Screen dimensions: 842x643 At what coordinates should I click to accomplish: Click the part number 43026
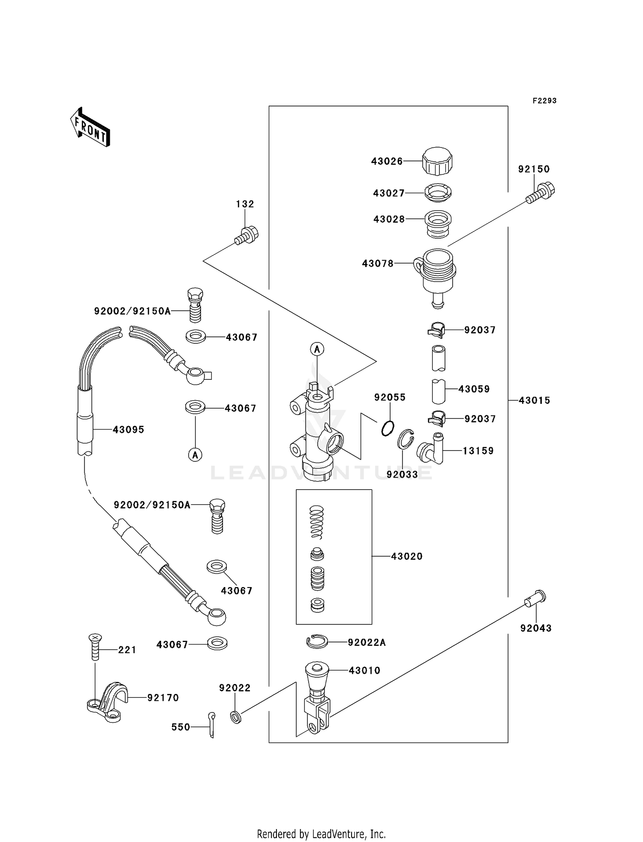pyautogui.click(x=387, y=161)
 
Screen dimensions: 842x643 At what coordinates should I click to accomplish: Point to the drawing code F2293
pyautogui.click(x=544, y=101)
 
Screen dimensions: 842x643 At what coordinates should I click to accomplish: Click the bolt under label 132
pyautogui.click(x=246, y=235)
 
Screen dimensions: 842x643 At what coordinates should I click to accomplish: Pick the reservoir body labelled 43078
pyautogui.click(x=436, y=275)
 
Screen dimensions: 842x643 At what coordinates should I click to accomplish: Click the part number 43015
pyautogui.click(x=534, y=400)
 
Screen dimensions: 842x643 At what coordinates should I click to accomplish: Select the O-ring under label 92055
pyautogui.click(x=388, y=428)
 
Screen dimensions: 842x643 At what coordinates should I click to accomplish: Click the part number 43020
pyautogui.click(x=406, y=556)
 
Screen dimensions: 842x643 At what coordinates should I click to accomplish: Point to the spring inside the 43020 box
pyautogui.click(x=317, y=521)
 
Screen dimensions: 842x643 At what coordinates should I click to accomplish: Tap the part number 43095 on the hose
pyautogui.click(x=128, y=430)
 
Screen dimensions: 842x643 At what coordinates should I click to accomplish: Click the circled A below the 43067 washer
pyautogui.click(x=195, y=454)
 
